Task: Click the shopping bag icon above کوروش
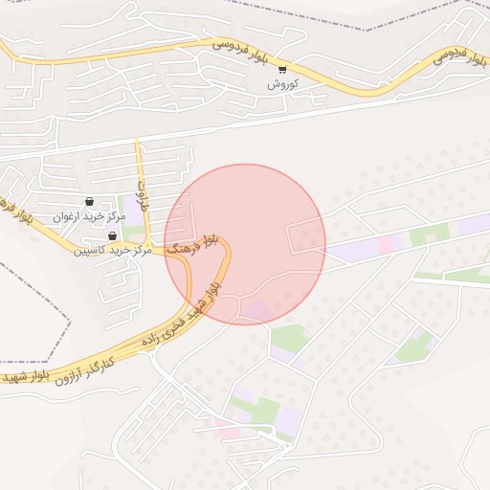[282, 69]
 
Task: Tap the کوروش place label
[283, 84]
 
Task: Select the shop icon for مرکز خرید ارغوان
[89, 202]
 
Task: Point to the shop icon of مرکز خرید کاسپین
[113, 235]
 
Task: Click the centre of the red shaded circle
[245, 244]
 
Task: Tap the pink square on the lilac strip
[386, 244]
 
